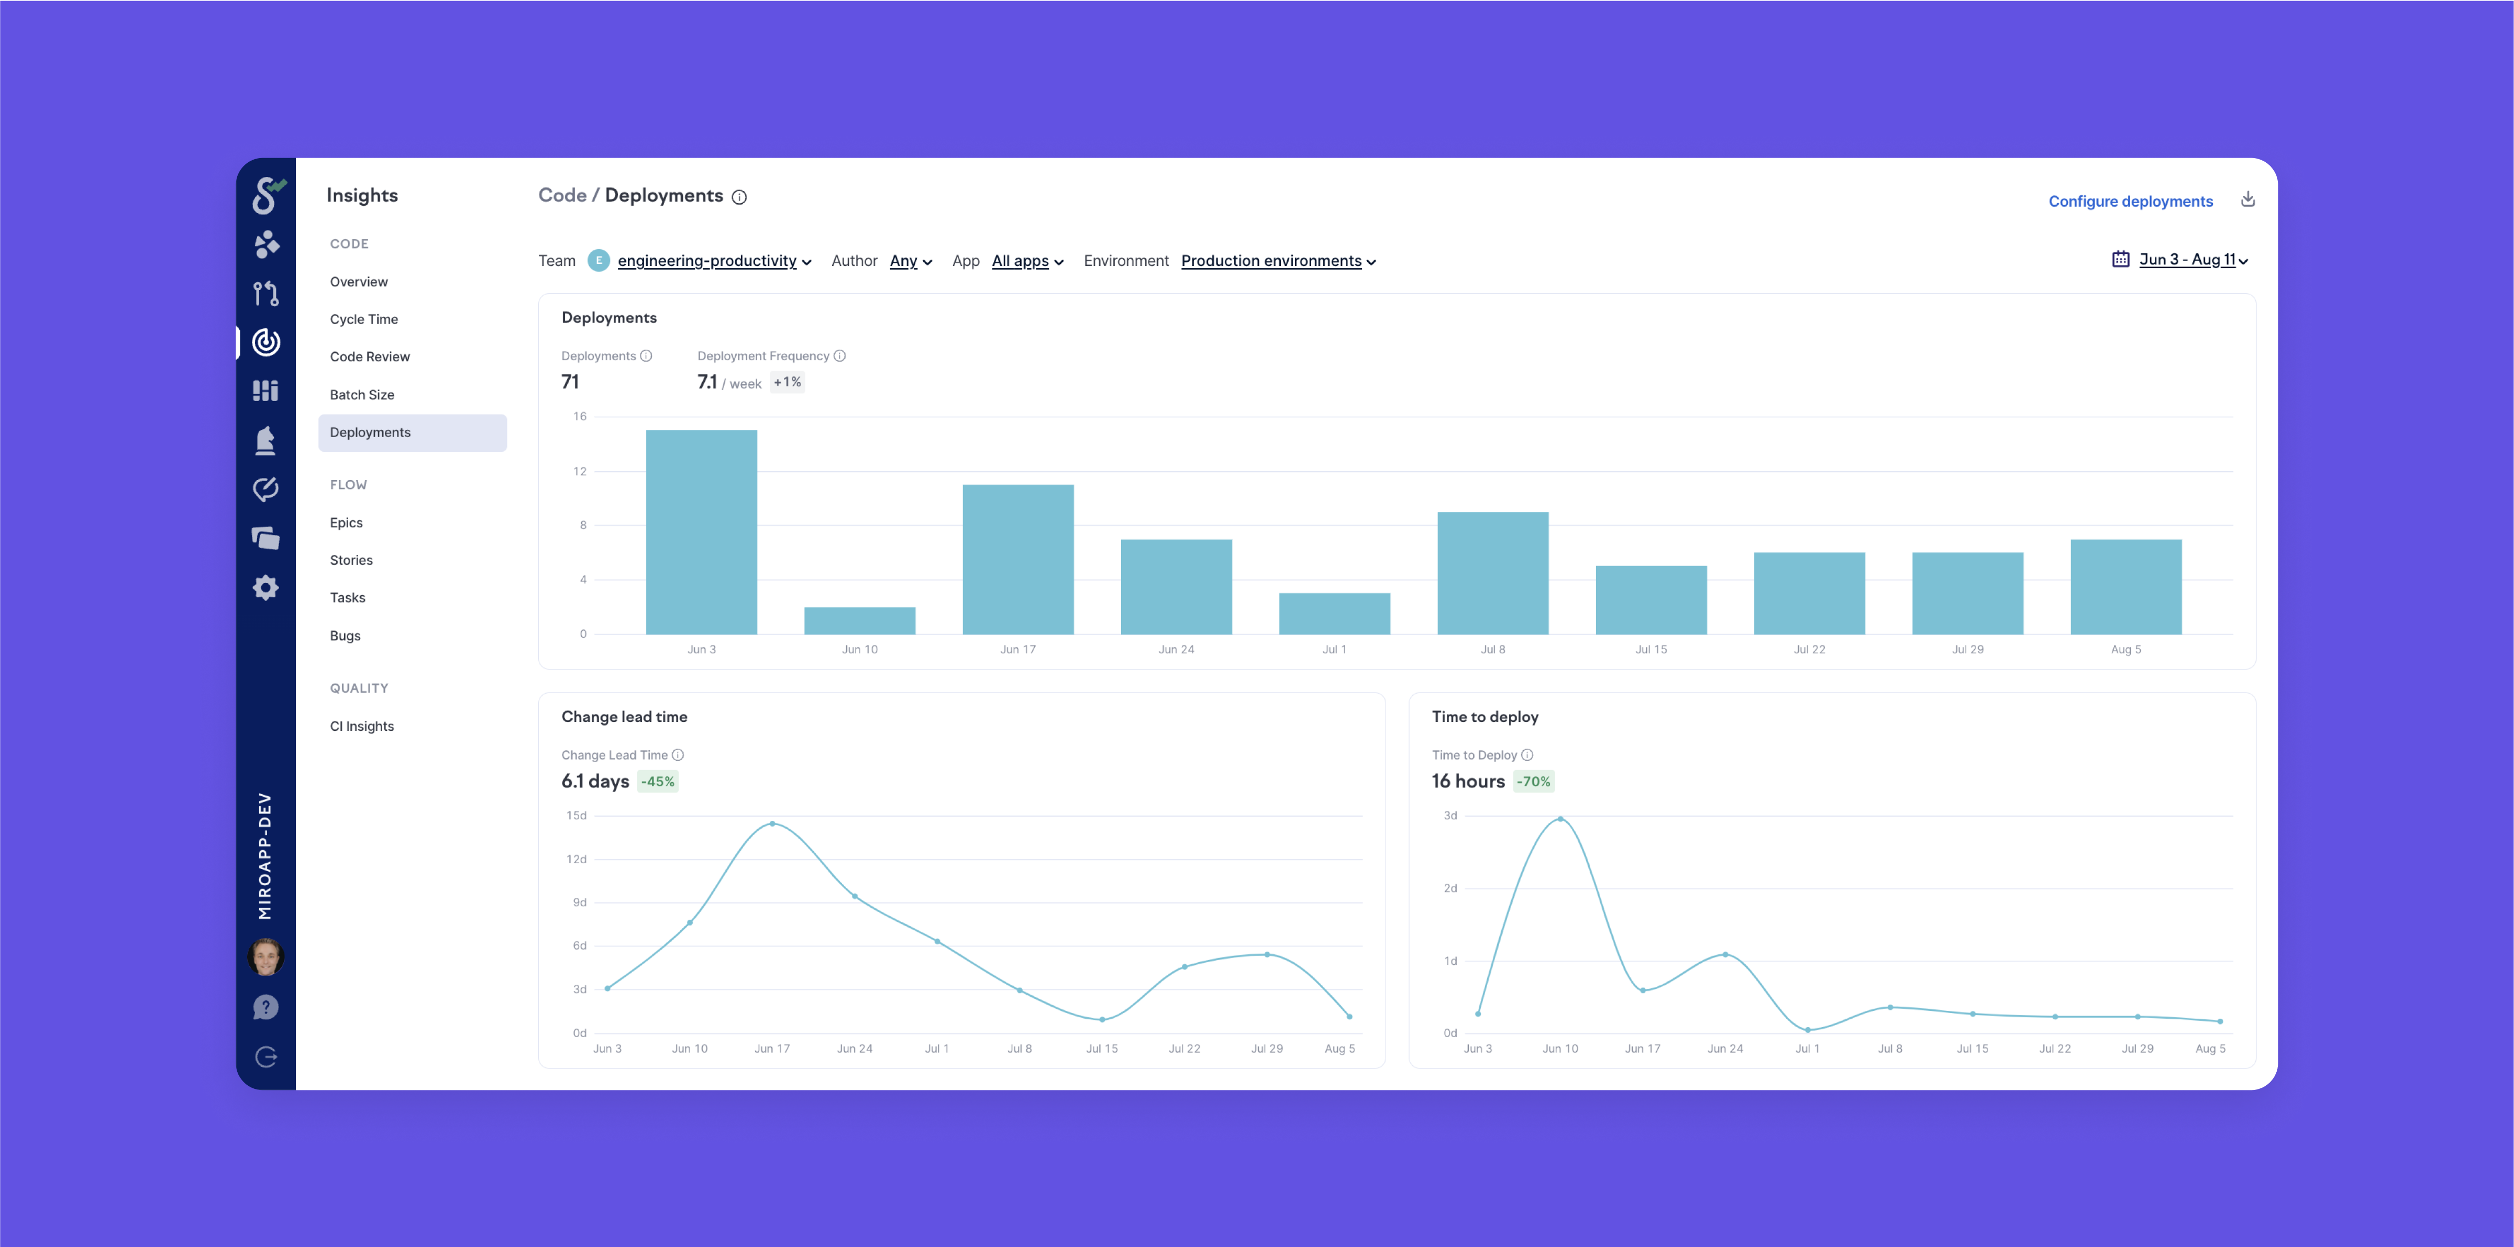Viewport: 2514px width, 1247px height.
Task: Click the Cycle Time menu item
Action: (364, 319)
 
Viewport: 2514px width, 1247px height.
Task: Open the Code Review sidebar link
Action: (370, 356)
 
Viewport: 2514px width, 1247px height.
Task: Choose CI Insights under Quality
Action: (362, 726)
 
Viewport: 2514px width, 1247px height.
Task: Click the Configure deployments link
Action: (2131, 201)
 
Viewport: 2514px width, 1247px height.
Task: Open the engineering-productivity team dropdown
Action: (713, 261)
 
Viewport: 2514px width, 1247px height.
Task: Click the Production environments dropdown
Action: (1278, 261)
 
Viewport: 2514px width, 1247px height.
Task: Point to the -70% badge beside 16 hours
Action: (1533, 782)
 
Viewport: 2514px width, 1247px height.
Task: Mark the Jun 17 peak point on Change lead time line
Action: (772, 823)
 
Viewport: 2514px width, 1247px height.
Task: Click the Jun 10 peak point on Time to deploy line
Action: (1560, 819)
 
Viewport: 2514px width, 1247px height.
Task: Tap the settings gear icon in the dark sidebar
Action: (265, 587)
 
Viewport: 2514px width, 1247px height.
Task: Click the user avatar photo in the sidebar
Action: (265, 956)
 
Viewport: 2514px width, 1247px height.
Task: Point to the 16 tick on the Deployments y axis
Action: (580, 417)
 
